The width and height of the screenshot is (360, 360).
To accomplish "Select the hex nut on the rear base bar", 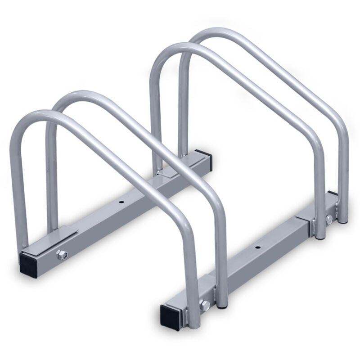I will pos(62,255).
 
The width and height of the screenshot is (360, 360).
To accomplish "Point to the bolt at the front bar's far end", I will pos(328,219).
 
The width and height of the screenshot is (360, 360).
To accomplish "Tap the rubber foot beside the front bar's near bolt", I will pos(221,306).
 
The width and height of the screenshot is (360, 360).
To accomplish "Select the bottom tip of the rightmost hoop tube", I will pos(343,220).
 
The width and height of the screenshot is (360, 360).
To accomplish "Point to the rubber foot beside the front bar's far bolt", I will pos(320,236).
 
